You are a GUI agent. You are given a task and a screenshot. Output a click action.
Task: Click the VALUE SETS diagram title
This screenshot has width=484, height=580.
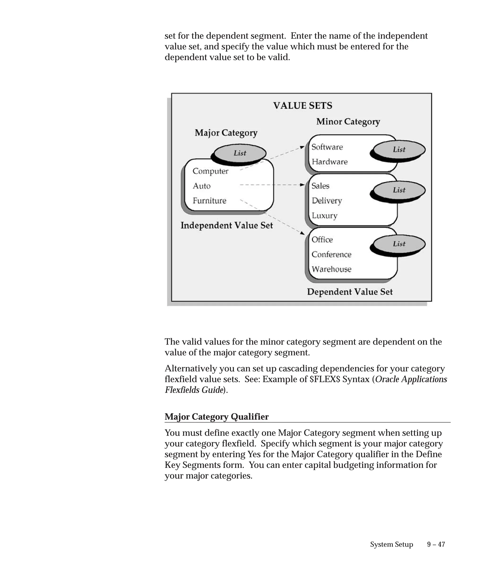pos(302,105)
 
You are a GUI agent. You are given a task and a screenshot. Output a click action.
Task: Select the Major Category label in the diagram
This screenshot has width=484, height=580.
pos(226,133)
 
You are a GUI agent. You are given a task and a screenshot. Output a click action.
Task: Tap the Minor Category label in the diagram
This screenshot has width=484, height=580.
pos(348,122)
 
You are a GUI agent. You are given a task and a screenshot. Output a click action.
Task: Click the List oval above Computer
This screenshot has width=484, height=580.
pos(240,153)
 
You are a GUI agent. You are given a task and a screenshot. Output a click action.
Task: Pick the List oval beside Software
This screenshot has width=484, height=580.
pos(399,150)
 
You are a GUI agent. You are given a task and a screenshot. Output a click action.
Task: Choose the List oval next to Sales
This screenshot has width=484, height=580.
pos(399,190)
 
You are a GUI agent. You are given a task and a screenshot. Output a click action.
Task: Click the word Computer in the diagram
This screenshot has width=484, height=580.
pos(210,171)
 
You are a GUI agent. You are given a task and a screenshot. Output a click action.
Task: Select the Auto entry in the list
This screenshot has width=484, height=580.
pos(202,186)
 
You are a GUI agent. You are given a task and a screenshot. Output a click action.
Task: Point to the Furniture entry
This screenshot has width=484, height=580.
pos(209,201)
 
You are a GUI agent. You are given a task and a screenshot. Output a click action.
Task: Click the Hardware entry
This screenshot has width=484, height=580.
pos(329,162)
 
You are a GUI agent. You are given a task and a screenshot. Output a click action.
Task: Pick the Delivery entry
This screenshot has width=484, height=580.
pos(327,201)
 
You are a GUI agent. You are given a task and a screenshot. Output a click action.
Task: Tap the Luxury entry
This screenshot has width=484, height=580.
pos(324,216)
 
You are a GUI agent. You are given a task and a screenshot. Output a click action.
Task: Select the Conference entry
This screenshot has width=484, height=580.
pos(331,254)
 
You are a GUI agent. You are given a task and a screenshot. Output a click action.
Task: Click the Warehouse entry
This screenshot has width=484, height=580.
pos(331,269)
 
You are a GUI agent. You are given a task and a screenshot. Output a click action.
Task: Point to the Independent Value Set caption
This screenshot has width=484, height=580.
pos(226,225)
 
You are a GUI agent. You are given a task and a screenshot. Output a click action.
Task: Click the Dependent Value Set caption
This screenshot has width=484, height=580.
pos(350,292)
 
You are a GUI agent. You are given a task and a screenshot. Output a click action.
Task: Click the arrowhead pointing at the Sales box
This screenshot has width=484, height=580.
pos(302,185)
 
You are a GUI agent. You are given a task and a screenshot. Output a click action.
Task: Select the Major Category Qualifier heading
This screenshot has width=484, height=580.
pos(216,417)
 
